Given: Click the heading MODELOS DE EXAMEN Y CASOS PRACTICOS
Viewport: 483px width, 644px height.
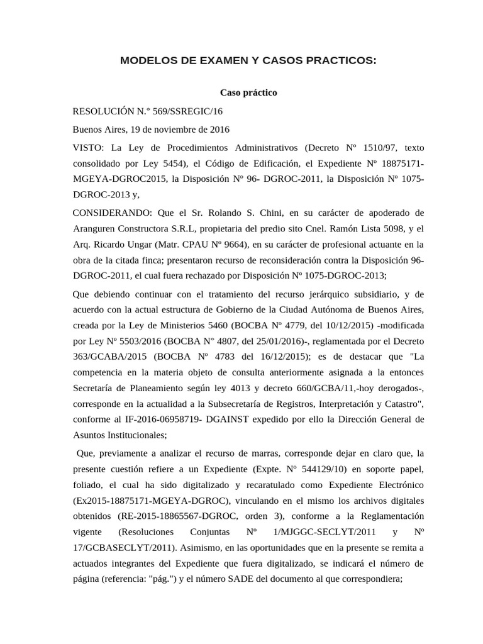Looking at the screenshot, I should point(248,60).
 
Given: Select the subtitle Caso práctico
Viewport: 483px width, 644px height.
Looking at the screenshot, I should point(248,92).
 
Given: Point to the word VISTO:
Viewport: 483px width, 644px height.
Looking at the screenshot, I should point(89,148).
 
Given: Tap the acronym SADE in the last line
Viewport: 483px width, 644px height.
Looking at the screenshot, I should point(238,579).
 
